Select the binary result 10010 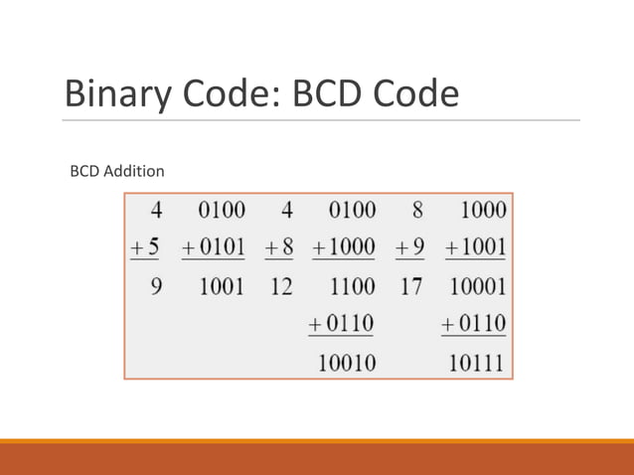pyautogui.click(x=346, y=363)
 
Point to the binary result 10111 pyautogui.click(x=476, y=363)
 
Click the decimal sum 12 pyautogui.click(x=281, y=287)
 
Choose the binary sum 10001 pyautogui.click(x=476, y=287)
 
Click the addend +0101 pyautogui.click(x=213, y=247)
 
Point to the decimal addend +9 pyautogui.click(x=408, y=247)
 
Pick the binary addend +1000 pyautogui.click(x=344, y=247)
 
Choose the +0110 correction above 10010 pyautogui.click(x=344, y=324)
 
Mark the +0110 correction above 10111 pyautogui.click(x=474, y=324)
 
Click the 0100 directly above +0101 pyautogui.click(x=221, y=210)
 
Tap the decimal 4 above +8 pyautogui.click(x=287, y=210)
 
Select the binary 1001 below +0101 pyautogui.click(x=221, y=287)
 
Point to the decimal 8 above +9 pyautogui.click(x=417, y=210)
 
